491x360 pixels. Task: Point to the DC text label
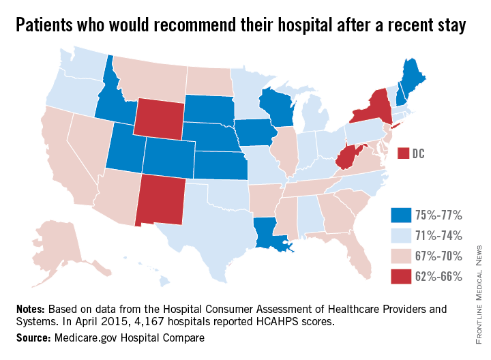coord(419,154)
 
